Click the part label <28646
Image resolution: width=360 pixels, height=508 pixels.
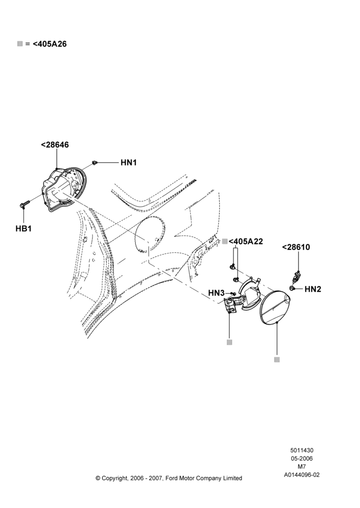point(55,144)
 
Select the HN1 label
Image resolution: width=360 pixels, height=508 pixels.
point(129,163)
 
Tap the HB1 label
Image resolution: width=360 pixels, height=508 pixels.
point(23,229)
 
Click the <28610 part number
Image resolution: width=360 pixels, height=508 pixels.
point(296,247)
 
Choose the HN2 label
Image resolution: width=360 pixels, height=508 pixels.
point(313,289)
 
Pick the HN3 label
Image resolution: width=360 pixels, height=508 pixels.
point(216,293)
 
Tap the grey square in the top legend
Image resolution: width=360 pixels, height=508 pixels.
point(20,44)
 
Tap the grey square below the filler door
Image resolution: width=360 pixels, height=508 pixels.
point(277,360)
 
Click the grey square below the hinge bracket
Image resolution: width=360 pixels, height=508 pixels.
point(229,342)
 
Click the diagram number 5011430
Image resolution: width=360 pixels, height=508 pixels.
point(302,450)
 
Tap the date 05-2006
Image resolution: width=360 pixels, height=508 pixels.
point(302,458)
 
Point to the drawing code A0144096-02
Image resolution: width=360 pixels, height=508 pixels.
point(302,475)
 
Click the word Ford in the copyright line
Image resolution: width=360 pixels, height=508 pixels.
point(172,478)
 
